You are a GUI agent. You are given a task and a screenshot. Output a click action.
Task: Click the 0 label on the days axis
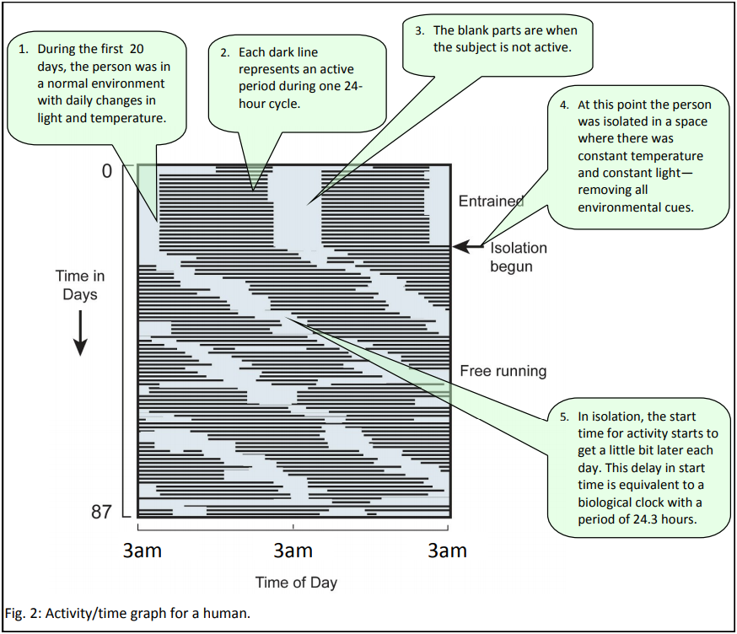(106, 171)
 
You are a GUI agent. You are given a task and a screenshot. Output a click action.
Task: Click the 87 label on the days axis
(101, 512)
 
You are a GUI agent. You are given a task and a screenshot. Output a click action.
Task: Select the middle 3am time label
(293, 551)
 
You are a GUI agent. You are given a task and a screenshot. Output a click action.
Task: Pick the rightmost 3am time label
(447, 551)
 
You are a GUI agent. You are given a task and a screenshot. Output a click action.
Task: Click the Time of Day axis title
(296, 582)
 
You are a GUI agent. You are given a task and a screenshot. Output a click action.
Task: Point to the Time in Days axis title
(80, 285)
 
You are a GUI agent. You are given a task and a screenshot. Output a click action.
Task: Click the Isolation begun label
(518, 257)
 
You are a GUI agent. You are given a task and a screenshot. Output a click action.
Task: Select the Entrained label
(491, 201)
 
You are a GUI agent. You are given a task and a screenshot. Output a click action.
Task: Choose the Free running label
(503, 371)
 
